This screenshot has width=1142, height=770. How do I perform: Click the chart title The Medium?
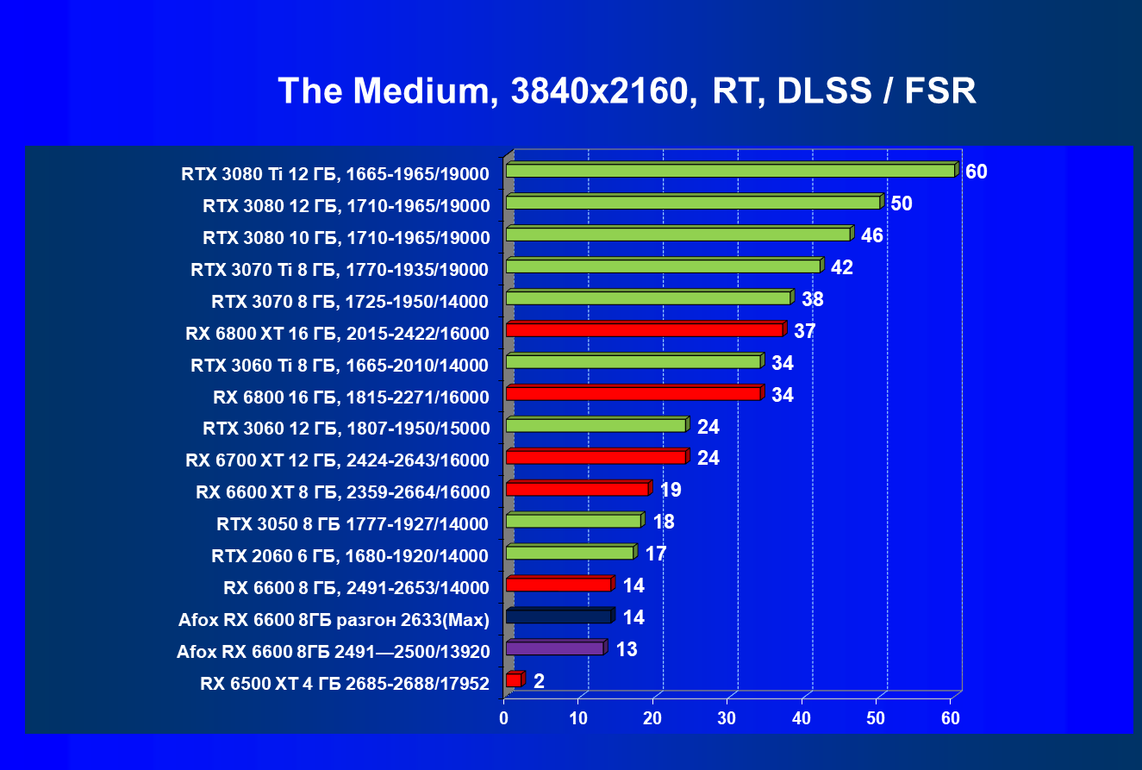tap(627, 91)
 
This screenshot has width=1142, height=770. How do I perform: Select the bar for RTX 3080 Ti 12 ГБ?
tap(730, 171)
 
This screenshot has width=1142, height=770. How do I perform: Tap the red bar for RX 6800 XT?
tap(644, 329)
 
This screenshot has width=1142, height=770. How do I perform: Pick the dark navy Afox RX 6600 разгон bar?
tap(559, 617)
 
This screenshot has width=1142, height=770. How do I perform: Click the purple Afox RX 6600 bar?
tap(554, 648)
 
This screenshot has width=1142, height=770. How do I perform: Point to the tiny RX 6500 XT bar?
tap(513, 680)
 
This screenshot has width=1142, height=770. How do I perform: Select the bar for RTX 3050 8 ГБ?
tap(573, 521)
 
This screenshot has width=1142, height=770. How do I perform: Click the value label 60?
tap(976, 172)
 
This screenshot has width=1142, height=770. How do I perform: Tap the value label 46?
tap(871, 235)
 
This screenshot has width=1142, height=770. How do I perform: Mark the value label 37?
tap(805, 331)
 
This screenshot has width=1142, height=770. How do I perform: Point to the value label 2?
tap(539, 681)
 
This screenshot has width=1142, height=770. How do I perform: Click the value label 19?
tap(671, 490)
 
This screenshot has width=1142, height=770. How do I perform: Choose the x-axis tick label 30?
tap(728, 718)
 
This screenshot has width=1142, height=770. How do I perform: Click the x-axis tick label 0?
tap(505, 718)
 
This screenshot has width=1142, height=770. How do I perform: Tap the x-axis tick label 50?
tap(877, 718)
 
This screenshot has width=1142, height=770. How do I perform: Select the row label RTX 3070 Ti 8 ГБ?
tap(340, 270)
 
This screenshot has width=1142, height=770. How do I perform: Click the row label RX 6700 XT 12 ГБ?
tap(337, 460)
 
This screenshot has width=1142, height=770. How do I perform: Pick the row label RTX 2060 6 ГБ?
tap(350, 556)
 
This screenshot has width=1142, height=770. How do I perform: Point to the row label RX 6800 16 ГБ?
tap(351, 398)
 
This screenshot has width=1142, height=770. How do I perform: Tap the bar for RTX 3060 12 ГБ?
tap(596, 425)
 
